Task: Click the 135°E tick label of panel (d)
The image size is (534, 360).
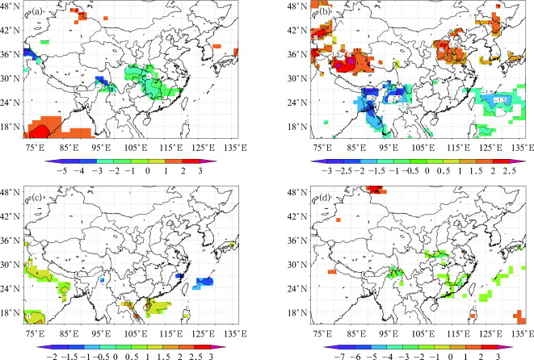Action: tap(521, 332)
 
